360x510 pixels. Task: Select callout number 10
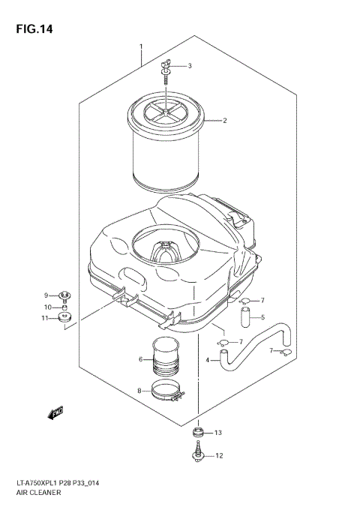[45, 307]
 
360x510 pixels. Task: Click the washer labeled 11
[65, 319]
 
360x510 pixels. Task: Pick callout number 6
[140, 359]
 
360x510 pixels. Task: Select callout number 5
[263, 317]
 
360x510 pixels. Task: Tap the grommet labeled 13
[198, 433]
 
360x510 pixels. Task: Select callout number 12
[219, 456]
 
